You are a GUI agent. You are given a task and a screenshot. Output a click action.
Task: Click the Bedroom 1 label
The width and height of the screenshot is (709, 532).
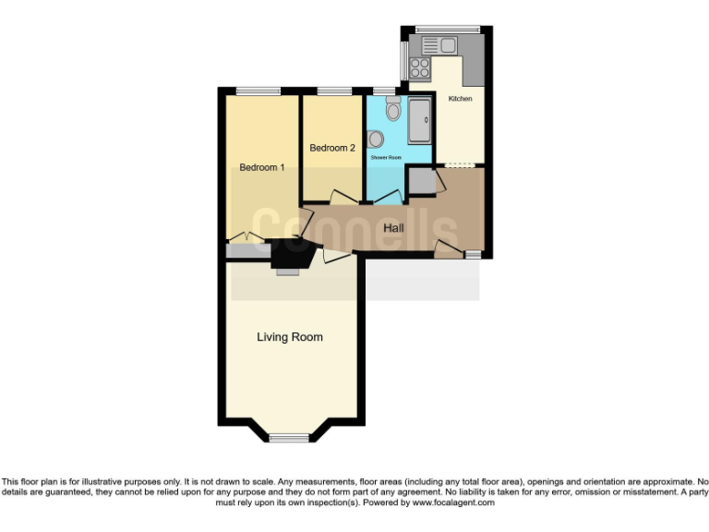pos(261,167)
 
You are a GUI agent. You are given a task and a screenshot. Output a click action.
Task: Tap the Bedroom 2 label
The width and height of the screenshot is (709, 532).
pos(332,148)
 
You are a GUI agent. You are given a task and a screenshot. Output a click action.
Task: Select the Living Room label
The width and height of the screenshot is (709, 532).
pos(290,337)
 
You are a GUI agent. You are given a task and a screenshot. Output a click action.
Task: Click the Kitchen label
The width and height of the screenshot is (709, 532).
pos(460,99)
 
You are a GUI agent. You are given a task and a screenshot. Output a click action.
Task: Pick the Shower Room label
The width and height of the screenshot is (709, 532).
pos(386,158)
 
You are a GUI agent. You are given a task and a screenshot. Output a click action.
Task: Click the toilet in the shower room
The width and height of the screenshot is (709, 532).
pos(393,112)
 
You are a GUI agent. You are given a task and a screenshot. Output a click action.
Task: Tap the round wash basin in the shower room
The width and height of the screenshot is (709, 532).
pos(375,139)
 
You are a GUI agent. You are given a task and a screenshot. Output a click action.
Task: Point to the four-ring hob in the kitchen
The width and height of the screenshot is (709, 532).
pos(419,67)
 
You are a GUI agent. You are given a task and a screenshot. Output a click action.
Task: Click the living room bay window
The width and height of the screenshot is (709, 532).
pos(290,437)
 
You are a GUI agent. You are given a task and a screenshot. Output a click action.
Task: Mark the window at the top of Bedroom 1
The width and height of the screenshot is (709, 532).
pos(258,91)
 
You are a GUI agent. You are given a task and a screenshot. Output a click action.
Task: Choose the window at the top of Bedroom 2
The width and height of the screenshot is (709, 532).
pos(330,91)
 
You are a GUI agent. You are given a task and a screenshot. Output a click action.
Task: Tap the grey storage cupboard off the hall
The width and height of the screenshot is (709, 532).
pos(422,181)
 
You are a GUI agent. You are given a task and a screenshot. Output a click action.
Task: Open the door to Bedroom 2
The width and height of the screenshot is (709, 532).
pos(342,197)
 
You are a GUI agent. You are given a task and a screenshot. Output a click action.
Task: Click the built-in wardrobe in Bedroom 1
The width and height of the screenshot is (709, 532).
pos(246,249)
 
